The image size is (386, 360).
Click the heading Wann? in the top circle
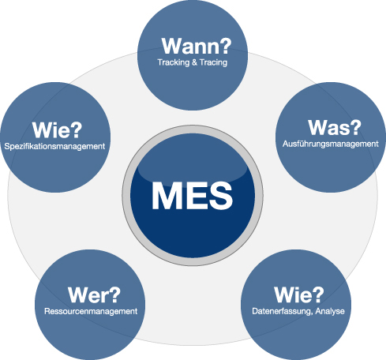(x=197, y=46)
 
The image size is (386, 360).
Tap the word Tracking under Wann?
(x=174, y=62)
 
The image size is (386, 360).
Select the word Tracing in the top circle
(x=213, y=62)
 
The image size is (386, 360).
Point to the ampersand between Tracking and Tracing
(x=194, y=62)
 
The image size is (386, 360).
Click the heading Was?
(x=335, y=128)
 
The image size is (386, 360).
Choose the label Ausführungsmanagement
(x=331, y=144)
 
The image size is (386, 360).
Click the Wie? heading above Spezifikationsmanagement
(x=57, y=130)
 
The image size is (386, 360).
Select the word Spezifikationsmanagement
(x=54, y=146)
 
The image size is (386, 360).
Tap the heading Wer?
(x=94, y=295)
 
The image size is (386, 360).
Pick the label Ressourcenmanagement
(x=91, y=311)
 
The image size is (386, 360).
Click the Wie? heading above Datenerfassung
(x=299, y=295)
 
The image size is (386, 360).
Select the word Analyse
(x=330, y=311)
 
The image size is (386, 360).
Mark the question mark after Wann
(x=226, y=46)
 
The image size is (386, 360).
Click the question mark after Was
(x=356, y=127)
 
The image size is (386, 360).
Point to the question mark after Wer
(x=115, y=294)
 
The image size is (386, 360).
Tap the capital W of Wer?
(x=79, y=295)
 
